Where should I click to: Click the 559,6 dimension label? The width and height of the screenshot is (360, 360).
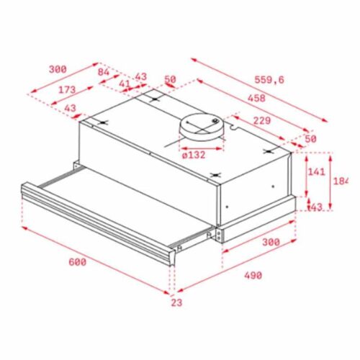(269, 80)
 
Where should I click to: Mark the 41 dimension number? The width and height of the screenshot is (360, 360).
(125, 84)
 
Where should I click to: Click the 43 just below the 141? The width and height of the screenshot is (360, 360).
(315, 207)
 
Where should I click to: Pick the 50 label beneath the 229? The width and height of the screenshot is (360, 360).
(310, 138)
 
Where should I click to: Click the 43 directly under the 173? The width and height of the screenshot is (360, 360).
(71, 108)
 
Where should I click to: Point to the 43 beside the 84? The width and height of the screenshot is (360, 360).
(140, 76)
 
